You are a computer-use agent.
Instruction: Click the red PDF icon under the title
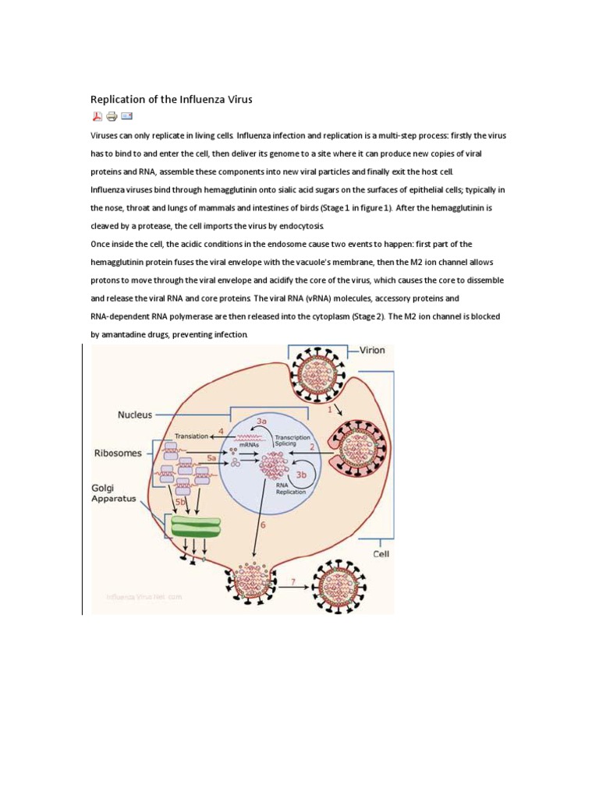97,117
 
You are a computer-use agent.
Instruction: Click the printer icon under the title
112,117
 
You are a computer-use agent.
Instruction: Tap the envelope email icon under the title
126,117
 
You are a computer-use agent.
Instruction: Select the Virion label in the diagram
371,351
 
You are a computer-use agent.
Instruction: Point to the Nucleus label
135,415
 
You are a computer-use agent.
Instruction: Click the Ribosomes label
117,452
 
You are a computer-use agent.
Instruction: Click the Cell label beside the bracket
381,555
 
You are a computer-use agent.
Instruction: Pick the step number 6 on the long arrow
263,525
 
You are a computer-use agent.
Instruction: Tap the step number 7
292,581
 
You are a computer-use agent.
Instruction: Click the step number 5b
180,502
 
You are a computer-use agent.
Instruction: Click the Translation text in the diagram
191,436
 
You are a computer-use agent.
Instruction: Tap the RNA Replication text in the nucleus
290,488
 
